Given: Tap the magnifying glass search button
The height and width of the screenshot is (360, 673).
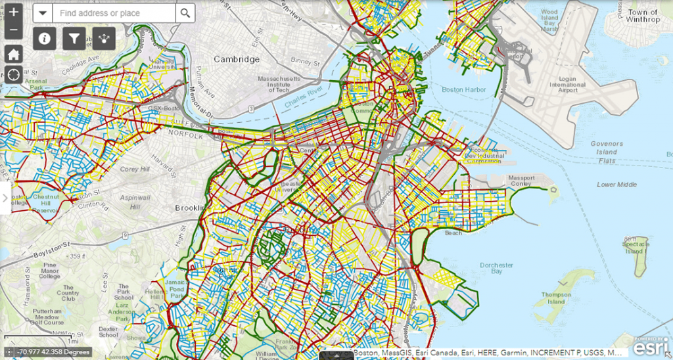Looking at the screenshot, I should [x=185, y=13].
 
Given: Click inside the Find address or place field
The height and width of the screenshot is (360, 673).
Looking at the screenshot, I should [x=113, y=13].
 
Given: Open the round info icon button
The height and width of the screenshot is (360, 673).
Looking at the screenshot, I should [x=45, y=38].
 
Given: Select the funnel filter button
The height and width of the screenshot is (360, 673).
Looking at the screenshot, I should [x=74, y=38].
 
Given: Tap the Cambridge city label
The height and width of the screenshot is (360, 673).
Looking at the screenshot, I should [x=237, y=59].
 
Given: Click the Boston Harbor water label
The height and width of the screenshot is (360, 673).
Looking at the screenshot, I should [x=464, y=90].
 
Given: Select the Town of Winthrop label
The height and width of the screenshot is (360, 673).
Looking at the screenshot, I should [x=642, y=16].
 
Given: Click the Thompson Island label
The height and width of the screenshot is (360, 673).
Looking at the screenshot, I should [x=556, y=298].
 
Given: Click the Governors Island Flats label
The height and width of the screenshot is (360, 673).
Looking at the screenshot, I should [x=607, y=152].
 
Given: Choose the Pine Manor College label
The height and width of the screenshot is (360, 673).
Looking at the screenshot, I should [x=49, y=270].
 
